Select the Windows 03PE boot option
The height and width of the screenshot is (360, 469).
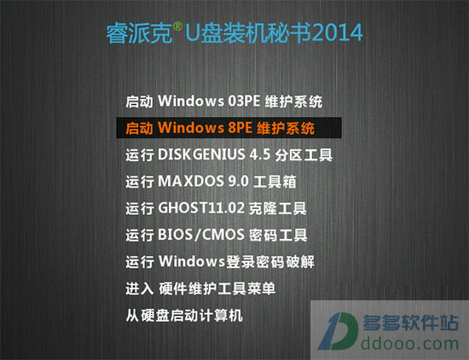[224, 102]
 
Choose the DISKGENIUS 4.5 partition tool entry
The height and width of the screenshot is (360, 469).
[229, 154]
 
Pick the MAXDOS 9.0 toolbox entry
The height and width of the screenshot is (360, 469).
[211, 182]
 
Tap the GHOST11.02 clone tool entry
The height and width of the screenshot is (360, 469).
[216, 208]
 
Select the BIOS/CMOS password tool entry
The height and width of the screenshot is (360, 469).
[217, 235]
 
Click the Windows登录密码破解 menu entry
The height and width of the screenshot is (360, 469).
[220, 262]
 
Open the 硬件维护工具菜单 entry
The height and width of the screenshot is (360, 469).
[200, 288]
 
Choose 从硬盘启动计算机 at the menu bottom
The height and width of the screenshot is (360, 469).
[184, 316]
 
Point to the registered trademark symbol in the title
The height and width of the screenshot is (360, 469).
[177, 26]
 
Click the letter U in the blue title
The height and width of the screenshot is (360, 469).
[192, 33]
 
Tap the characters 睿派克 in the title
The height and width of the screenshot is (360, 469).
[139, 33]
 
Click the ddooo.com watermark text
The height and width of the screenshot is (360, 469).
[410, 344]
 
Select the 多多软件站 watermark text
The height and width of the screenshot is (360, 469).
[410, 322]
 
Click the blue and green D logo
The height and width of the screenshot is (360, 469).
[339, 331]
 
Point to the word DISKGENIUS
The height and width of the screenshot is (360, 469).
[201, 154]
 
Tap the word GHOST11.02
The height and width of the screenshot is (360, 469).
[201, 208]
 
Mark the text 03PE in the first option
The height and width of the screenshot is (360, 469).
[244, 102]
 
